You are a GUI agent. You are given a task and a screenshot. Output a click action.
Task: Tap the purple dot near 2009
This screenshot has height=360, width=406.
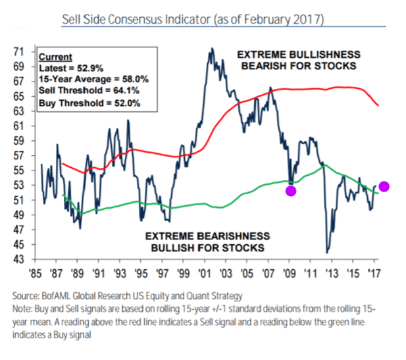coord(291,191)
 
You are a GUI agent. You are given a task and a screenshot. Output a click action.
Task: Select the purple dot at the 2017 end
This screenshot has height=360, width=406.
coord(385,187)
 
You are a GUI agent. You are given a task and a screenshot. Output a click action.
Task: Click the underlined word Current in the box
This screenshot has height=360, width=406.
coord(55,57)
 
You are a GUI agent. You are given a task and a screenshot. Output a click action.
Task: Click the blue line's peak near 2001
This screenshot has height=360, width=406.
coord(211,49)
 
